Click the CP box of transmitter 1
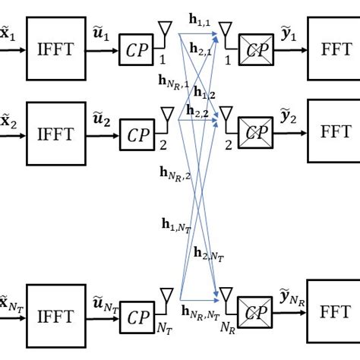pos(137,52)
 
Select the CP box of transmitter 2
pos(137,135)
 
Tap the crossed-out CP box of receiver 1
pos(257,52)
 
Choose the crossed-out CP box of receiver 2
pos(257,134)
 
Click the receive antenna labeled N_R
pos(226,295)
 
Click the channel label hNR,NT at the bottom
pos(201,311)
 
